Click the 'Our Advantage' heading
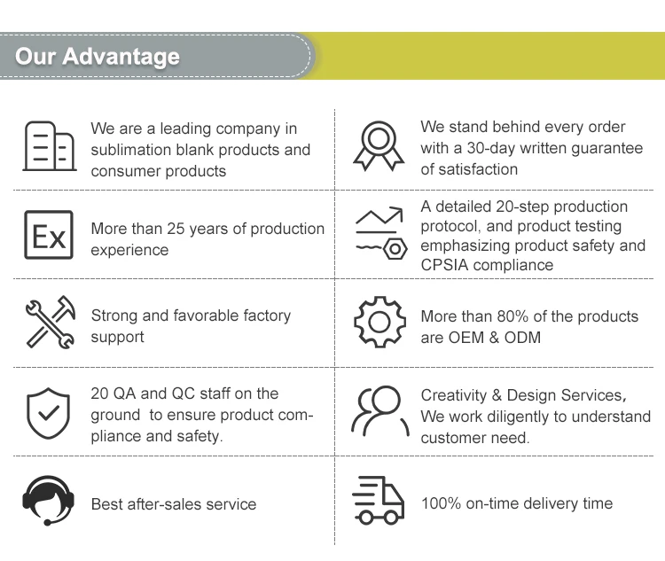pyautogui.click(x=98, y=57)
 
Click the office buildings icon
pyautogui.click(x=48, y=145)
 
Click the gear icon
pyautogui.click(x=379, y=323)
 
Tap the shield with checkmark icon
pyautogui.click(x=48, y=412)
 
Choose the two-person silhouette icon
pyautogui.click(x=379, y=411)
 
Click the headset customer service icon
pyautogui.click(x=48, y=502)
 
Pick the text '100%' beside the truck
pyautogui.click(x=441, y=503)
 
